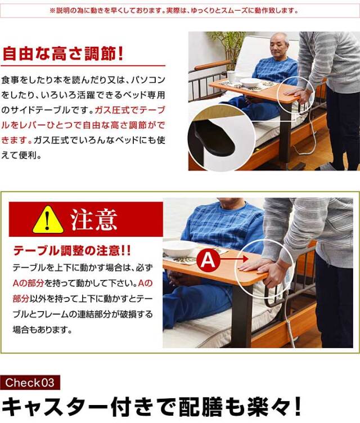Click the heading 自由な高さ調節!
(62, 53)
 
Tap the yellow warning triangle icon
(48, 220)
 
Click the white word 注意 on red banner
(93, 219)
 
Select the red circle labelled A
(208, 260)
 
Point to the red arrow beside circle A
(233, 259)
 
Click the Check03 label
(30, 382)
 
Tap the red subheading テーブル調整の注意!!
(72, 251)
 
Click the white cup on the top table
(231, 77)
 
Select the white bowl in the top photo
(250, 82)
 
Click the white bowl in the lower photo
(180, 249)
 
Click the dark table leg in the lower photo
(242, 315)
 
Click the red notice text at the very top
(174, 11)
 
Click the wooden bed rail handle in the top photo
(211, 65)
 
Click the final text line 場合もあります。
(42, 330)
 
